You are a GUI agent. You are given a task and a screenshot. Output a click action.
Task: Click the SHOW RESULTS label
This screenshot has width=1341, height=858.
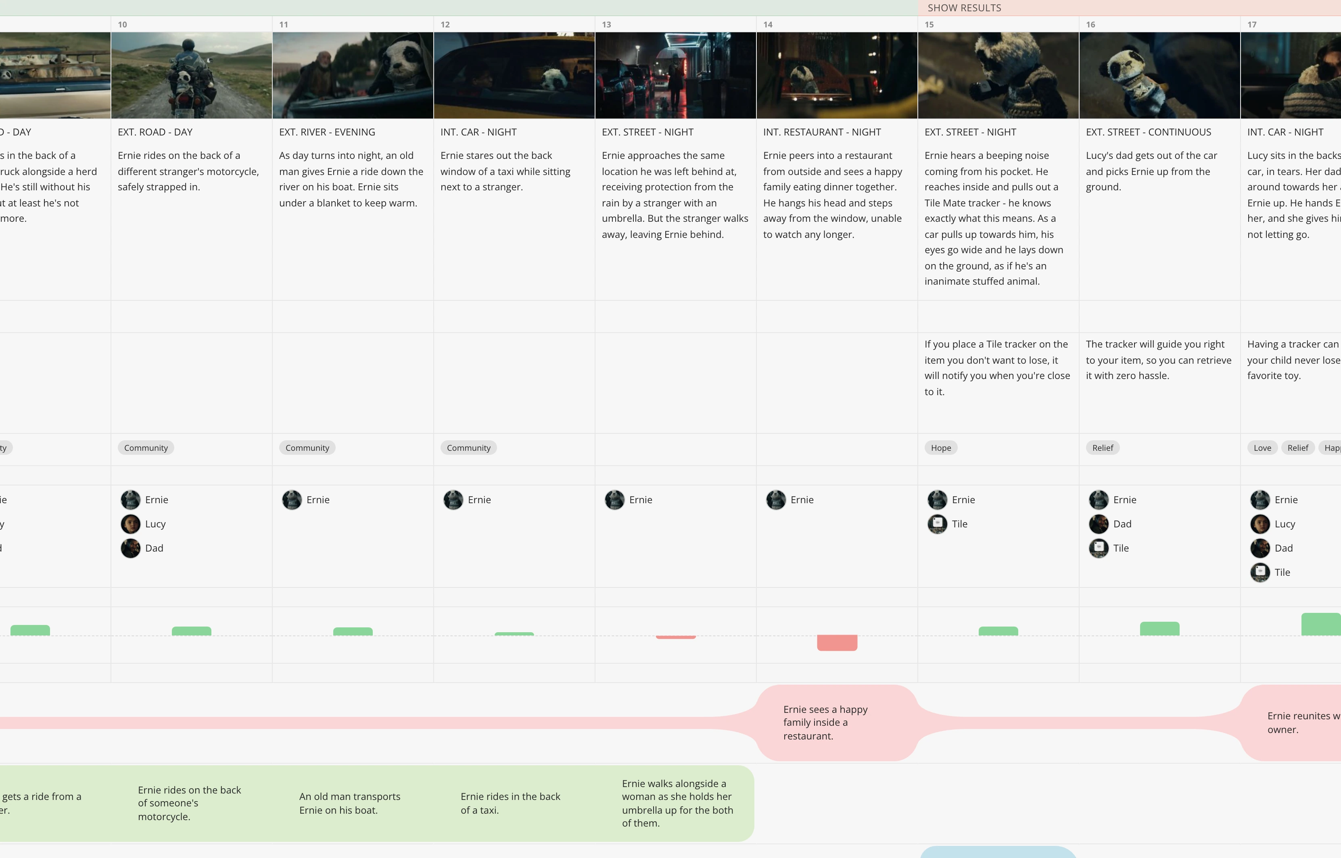[x=964, y=8]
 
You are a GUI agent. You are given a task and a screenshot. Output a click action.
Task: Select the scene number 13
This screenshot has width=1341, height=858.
[x=606, y=25]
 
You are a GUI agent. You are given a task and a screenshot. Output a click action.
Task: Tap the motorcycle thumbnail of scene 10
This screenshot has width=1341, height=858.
[x=192, y=75]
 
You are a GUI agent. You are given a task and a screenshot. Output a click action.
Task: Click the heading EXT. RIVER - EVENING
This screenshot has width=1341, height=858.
[x=327, y=132]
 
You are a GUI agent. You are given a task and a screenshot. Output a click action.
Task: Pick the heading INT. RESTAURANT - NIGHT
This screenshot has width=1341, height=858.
[x=822, y=132]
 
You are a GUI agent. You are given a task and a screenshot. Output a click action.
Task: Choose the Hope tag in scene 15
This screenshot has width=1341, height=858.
[x=941, y=448]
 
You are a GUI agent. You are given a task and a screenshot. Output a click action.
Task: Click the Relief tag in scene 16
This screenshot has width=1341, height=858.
[x=1103, y=448]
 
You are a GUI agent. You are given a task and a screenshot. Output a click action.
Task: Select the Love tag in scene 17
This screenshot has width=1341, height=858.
[x=1262, y=448]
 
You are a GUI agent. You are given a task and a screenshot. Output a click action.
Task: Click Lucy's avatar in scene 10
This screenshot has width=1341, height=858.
[x=130, y=524]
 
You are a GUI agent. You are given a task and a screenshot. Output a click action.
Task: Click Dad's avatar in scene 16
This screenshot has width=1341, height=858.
[x=1099, y=524]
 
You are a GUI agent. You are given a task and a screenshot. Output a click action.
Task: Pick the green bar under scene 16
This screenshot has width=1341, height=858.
[x=1160, y=629]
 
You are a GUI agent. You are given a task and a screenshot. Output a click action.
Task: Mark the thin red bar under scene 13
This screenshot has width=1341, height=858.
[x=675, y=637]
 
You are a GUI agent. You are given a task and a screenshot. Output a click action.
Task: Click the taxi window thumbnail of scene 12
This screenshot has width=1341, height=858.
[x=514, y=75]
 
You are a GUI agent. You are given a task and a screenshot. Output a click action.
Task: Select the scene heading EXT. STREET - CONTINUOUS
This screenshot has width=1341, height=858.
[x=1148, y=132]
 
